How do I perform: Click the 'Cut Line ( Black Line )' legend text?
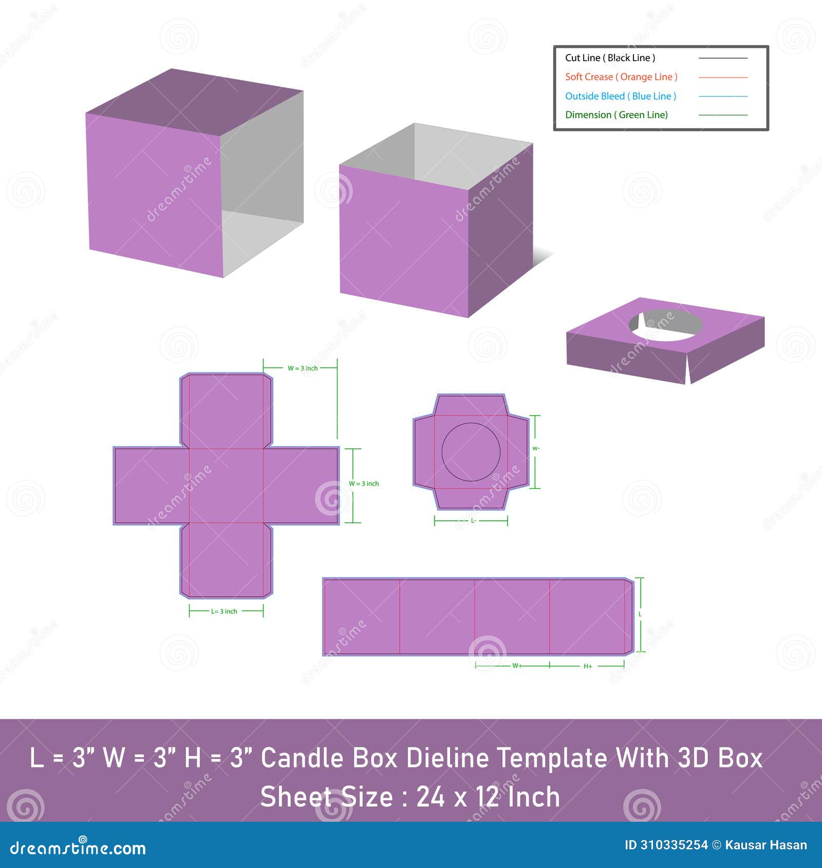[610, 58]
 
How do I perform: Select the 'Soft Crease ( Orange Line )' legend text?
[621, 77]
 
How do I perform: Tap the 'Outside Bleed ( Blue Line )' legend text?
[621, 96]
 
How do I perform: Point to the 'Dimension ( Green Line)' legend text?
[616, 115]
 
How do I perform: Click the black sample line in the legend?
[723, 58]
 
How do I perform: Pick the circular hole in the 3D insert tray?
[666, 326]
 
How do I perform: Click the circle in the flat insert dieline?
[471, 452]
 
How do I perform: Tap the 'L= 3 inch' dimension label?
[224, 611]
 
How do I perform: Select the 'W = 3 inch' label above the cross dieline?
[303, 368]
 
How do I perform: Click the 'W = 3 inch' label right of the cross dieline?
[364, 484]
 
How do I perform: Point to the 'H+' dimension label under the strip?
[588, 666]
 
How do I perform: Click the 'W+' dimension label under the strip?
[516, 666]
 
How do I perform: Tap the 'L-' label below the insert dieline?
[473, 521]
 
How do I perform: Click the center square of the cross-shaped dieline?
[226, 486]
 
